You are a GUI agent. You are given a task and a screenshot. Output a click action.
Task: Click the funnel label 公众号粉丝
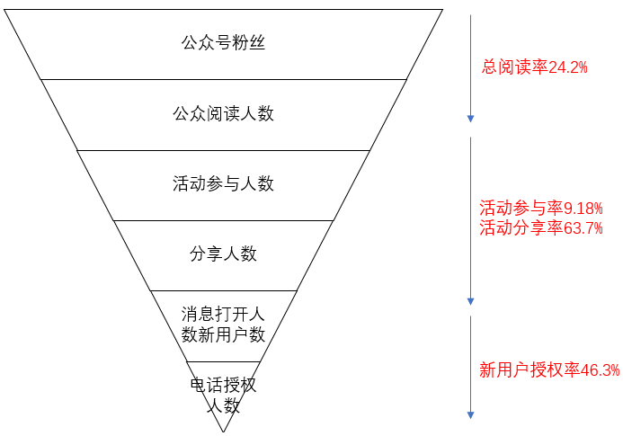click(223, 42)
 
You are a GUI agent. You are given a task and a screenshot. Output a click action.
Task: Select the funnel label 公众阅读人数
click(223, 113)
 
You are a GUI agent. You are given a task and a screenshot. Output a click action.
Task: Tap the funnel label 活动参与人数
click(223, 183)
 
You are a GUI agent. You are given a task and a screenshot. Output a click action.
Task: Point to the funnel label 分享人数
click(223, 254)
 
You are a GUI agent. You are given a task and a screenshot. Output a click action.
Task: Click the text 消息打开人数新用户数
click(223, 324)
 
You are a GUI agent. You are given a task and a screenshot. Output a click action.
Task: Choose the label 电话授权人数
click(223, 395)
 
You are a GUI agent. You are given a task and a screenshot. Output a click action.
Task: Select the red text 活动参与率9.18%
click(540, 208)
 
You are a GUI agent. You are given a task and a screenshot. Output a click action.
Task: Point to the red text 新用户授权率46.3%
click(548, 369)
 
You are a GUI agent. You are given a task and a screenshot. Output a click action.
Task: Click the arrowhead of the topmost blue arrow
click(470, 118)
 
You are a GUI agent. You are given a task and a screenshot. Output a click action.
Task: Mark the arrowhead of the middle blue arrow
click(470, 301)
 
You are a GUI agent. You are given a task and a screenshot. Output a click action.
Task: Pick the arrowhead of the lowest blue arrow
click(470, 414)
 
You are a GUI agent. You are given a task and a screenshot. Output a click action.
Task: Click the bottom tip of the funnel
click(223, 431)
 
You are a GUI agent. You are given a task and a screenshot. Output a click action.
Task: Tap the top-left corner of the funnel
click(5, 9)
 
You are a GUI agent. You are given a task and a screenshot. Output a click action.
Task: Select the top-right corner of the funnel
click(442, 9)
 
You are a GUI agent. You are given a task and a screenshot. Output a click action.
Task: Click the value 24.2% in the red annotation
click(568, 67)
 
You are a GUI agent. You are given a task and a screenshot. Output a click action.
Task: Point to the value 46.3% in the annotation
click(601, 369)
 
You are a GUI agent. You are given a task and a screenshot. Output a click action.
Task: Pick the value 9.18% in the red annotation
click(583, 208)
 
